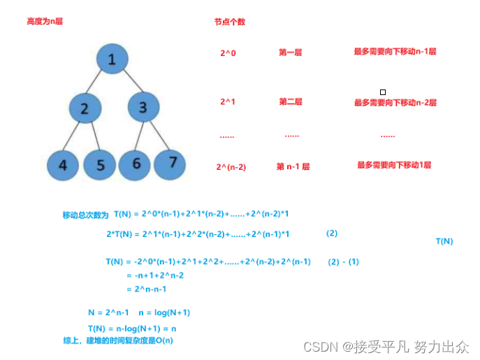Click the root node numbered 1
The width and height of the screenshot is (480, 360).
click(x=112, y=59)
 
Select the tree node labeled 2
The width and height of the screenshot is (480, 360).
click(x=85, y=108)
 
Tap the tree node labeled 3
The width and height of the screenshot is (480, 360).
click(x=143, y=108)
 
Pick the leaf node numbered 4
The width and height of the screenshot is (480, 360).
click(x=64, y=165)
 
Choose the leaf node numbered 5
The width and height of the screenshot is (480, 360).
click(x=100, y=165)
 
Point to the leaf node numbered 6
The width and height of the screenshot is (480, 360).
click(x=136, y=164)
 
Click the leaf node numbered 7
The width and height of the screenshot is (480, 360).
click(x=172, y=161)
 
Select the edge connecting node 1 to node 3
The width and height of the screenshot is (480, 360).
click(x=128, y=82)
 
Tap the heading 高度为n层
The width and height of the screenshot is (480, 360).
click(x=45, y=22)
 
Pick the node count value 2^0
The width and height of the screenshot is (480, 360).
click(x=228, y=52)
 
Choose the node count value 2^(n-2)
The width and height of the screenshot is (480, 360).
click(x=231, y=166)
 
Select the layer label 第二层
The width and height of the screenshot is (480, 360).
click(x=291, y=102)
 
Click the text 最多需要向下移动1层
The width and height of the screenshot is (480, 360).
click(x=394, y=166)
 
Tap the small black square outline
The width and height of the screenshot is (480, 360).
click(x=382, y=92)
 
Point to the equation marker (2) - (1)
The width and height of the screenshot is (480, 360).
click(x=344, y=261)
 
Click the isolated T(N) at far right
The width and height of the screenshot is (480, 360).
click(x=444, y=241)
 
